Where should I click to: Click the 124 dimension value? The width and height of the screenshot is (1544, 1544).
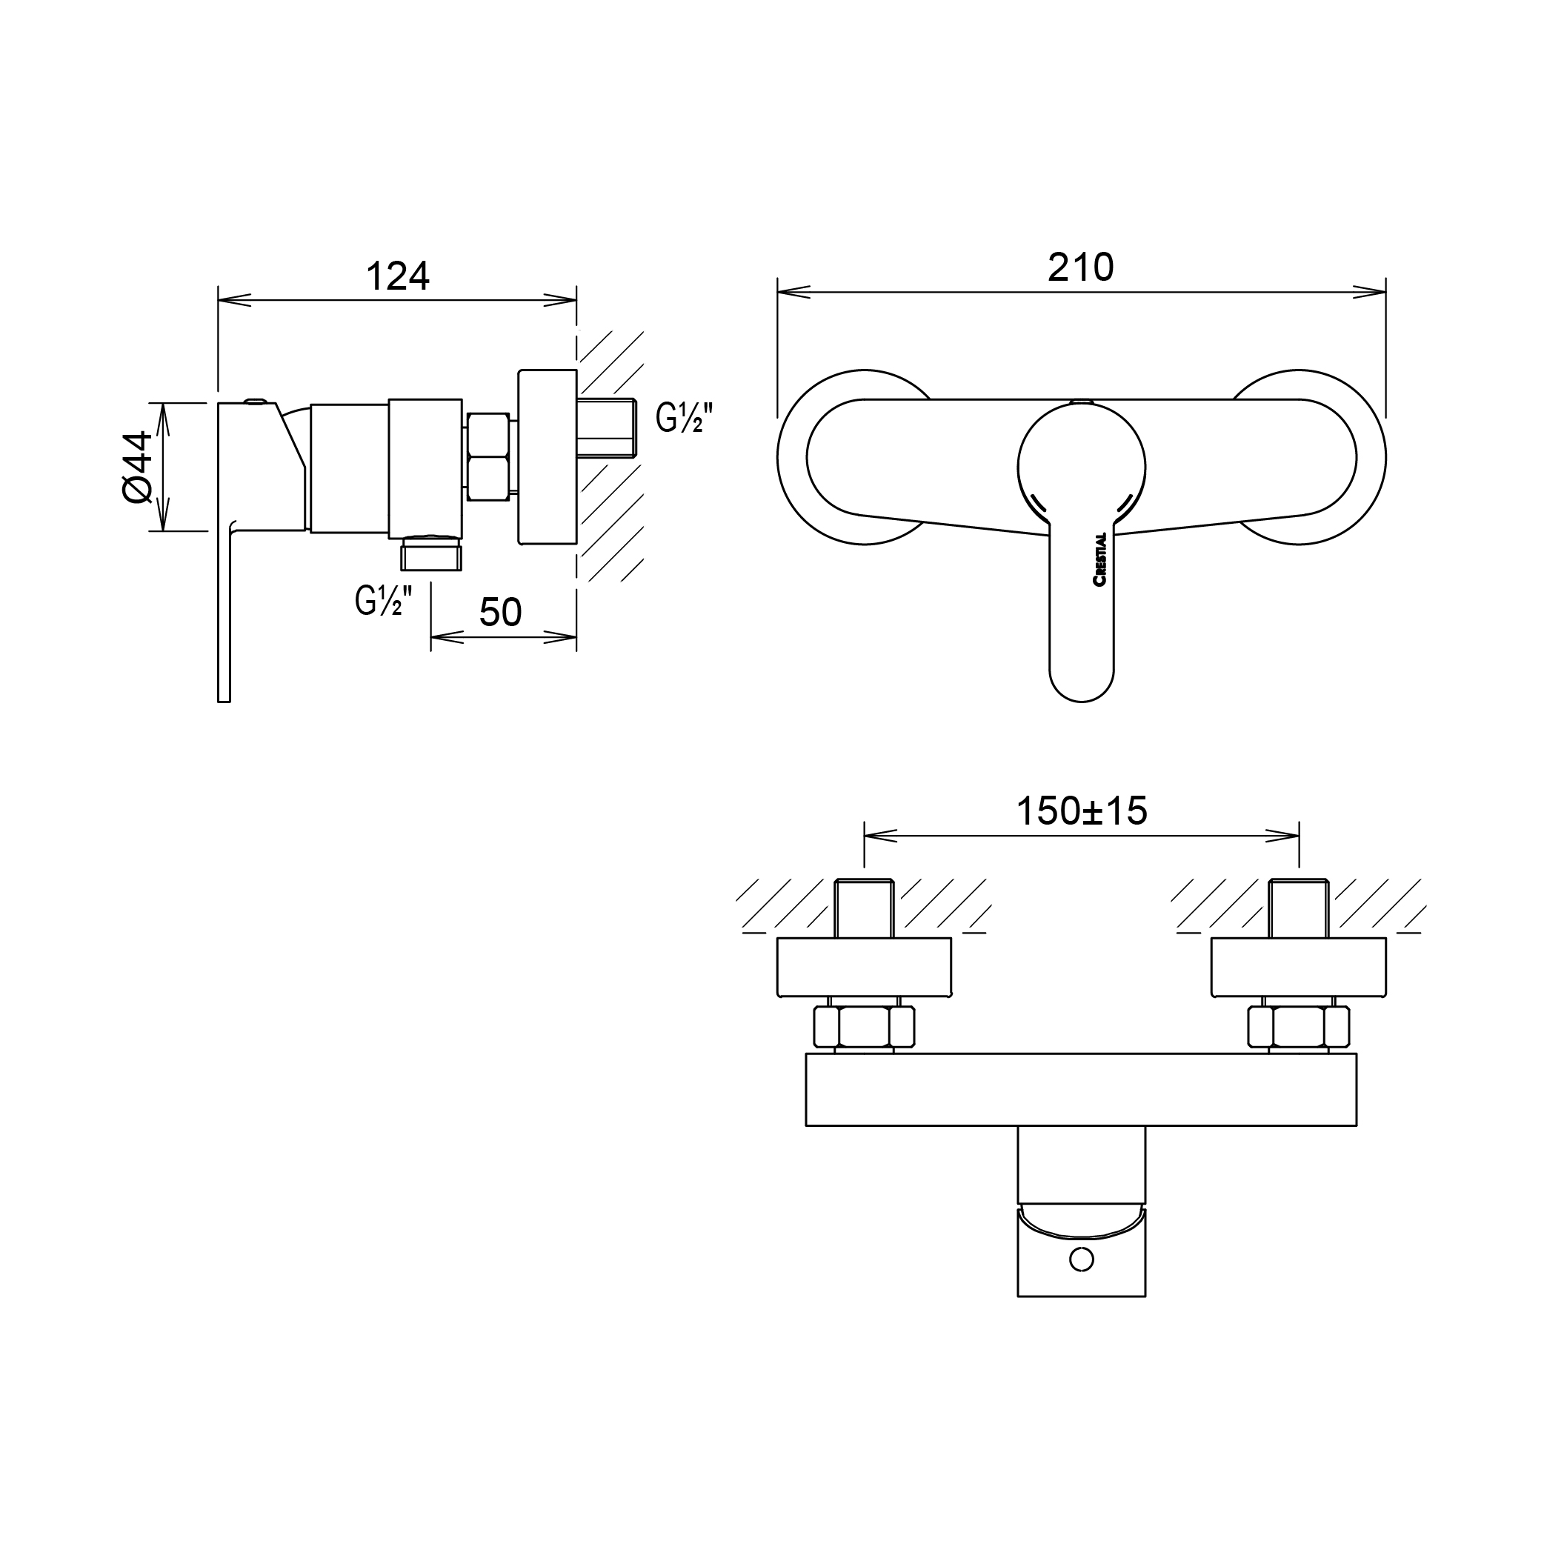[397, 276]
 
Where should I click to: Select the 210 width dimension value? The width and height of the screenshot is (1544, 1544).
[1080, 267]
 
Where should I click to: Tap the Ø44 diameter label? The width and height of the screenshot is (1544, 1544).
[139, 467]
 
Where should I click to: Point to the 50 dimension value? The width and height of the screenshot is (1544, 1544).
[500, 613]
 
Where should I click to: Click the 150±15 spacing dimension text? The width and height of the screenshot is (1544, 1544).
[1081, 811]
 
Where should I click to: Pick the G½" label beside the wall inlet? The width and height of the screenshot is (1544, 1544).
[683, 417]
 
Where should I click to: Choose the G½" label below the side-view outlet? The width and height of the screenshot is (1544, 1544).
[384, 601]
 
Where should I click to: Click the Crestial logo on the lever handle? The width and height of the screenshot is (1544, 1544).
[1099, 559]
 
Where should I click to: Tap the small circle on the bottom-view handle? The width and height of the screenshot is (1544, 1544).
[1081, 1260]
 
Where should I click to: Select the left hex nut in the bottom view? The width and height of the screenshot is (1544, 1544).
[863, 1027]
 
